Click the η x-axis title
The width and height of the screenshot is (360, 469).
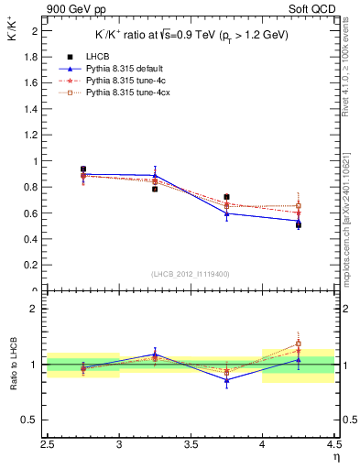(335, 456)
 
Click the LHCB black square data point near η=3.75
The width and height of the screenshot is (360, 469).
(226, 197)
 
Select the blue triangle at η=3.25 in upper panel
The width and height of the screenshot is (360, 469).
(155, 175)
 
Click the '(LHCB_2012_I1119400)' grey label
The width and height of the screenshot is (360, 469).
(191, 274)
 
